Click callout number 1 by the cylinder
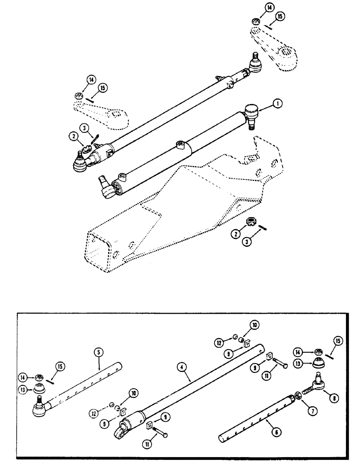(278, 105)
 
